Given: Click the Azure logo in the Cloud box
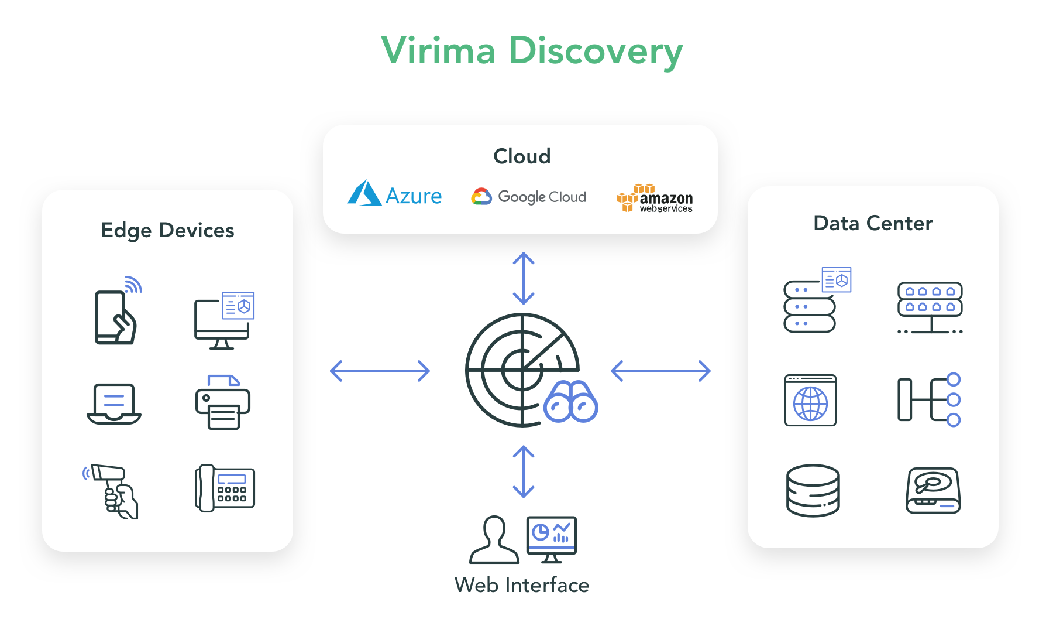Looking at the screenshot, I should pos(395,194).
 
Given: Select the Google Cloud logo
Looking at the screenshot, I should pos(528,197).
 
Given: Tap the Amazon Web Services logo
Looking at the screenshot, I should pos(655,199).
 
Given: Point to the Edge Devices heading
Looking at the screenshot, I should pos(167,230).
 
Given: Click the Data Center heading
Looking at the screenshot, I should pos(873,223).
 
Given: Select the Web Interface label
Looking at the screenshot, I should pos(522,585).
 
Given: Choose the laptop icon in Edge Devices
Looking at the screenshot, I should pos(114,404).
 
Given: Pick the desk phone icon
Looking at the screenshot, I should pos(225,488).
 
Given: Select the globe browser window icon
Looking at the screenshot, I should pos(810,401).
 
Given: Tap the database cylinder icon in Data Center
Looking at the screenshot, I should pos(813,490).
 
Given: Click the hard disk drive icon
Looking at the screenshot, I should pos(933,490).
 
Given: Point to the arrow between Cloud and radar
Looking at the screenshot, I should pos(524,278).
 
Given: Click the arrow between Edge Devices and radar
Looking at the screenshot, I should pos(380,371).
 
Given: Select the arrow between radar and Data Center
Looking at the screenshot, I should pos(660,371).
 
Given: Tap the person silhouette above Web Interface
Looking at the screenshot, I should pos(494,540).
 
